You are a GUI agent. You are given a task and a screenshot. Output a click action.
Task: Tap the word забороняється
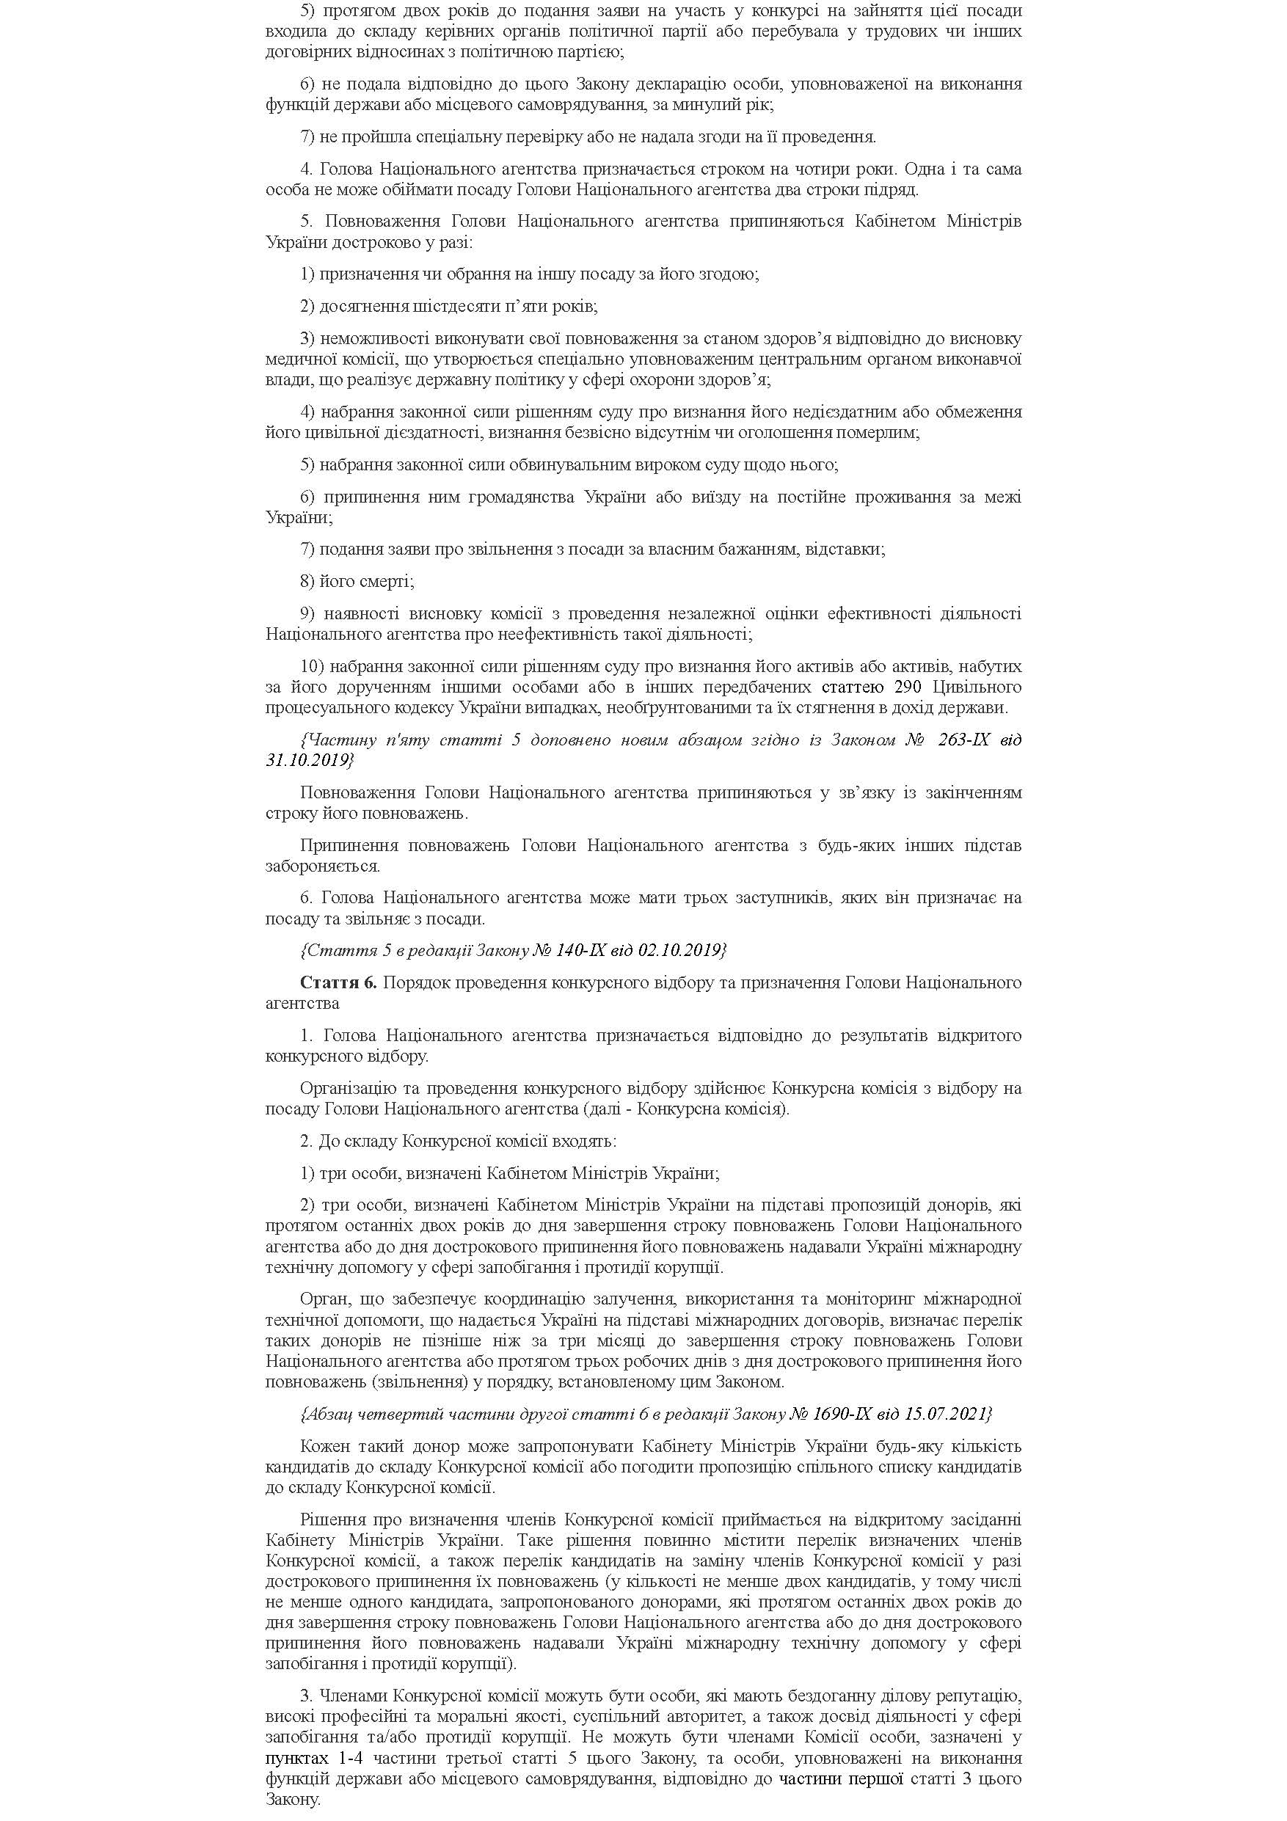click(x=322, y=866)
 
